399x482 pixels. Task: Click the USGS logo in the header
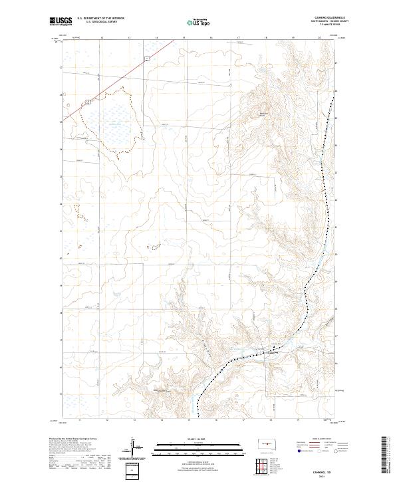tap(61, 22)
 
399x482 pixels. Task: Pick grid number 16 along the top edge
tap(211, 38)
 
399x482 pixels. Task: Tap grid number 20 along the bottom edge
tap(325, 420)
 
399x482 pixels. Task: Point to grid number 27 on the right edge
tap(335, 63)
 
